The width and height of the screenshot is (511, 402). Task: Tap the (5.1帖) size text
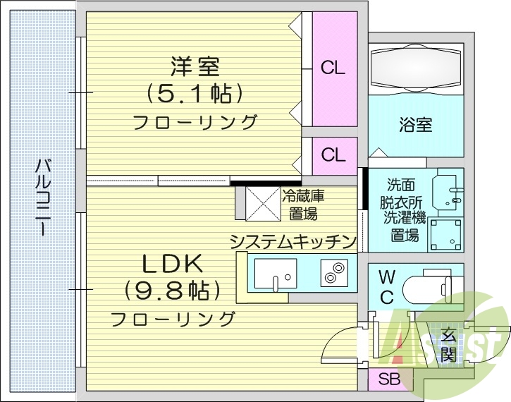tap(195, 93)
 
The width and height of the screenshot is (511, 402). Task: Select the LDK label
tap(173, 264)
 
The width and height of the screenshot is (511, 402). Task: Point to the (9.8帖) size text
tap(173, 290)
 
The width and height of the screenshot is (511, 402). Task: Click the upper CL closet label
tap(333, 68)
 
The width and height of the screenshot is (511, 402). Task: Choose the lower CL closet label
tap(333, 154)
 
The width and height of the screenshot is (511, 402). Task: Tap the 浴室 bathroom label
tap(416, 126)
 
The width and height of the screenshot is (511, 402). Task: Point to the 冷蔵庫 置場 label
tap(303, 204)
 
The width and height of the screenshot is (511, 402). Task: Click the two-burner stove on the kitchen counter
tap(335, 273)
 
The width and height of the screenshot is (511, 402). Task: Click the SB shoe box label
tap(389, 379)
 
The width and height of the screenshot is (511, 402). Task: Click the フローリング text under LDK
tap(173, 318)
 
